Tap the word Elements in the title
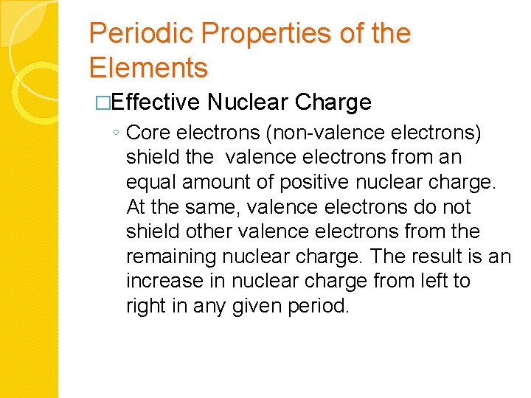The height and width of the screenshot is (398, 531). (x=148, y=68)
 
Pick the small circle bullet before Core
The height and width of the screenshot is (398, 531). (x=117, y=133)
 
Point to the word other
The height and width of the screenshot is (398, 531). (x=208, y=231)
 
